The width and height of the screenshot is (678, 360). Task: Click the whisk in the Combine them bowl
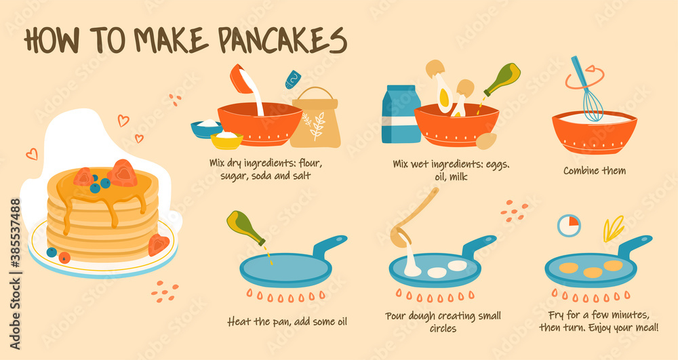point(587,94)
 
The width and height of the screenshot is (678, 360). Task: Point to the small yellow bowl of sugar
point(226,140)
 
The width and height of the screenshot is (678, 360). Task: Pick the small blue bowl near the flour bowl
point(206,128)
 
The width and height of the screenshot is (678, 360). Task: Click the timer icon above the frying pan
point(569,225)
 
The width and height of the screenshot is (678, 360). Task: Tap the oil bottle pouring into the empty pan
point(245,227)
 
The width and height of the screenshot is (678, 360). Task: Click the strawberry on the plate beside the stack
point(158,244)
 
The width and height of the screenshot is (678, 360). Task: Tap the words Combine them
point(594,171)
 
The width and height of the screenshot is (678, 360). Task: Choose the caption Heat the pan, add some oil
point(287,321)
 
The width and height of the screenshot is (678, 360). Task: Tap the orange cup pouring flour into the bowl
point(239,78)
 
